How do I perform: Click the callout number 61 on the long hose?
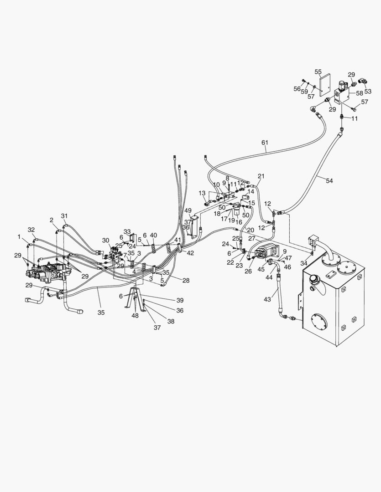point(265,143)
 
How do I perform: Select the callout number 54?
point(329,180)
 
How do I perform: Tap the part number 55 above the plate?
point(318,72)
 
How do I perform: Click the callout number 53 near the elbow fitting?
point(368,91)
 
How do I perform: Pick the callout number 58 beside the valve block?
point(359,93)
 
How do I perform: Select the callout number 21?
point(261,176)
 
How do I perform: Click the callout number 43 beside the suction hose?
point(268,299)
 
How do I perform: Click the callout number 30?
point(105,240)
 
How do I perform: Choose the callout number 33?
point(127,231)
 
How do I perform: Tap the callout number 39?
point(180,300)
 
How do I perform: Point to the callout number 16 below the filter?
point(239,222)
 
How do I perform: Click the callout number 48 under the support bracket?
point(136,316)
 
